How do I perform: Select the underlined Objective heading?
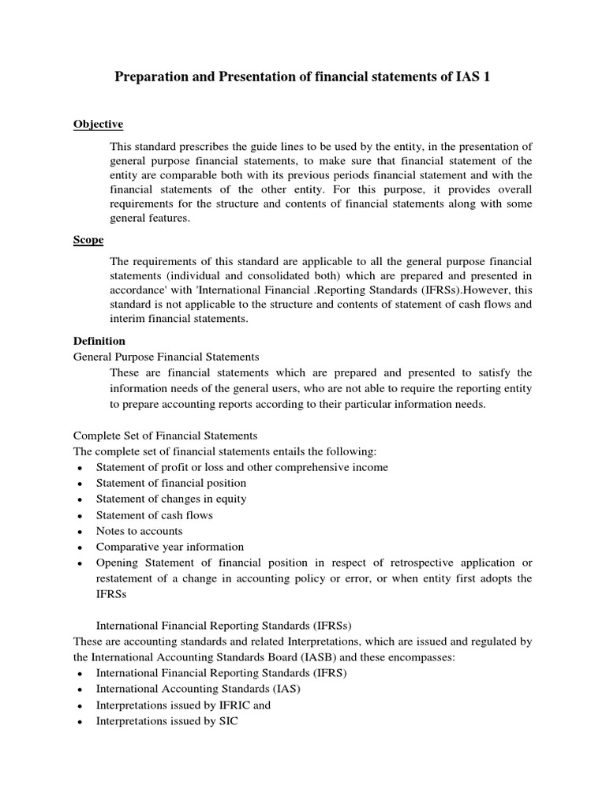[98, 125]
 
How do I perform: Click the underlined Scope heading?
[88, 240]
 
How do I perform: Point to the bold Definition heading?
[99, 341]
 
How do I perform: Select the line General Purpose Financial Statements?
[166, 357]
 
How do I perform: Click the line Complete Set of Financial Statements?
[165, 436]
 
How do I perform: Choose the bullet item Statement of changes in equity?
[171, 499]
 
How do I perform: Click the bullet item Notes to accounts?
[139, 531]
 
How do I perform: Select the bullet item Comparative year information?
[170, 547]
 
